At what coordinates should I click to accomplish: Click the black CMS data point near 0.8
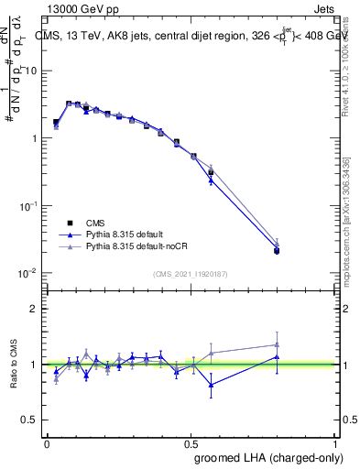click(278, 250)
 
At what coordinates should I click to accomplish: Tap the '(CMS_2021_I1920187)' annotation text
click(191, 274)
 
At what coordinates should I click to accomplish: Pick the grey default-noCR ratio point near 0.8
click(278, 345)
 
